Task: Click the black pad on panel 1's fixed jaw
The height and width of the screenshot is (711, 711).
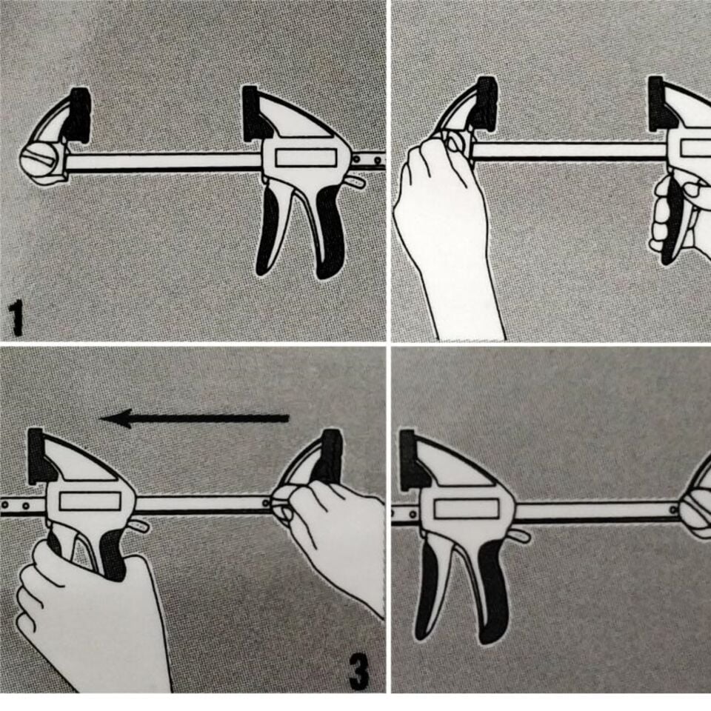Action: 79,116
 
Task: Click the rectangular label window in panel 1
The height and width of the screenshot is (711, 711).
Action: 304,158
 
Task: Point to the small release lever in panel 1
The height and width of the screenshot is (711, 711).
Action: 355,181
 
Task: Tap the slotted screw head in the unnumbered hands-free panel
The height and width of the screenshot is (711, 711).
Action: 700,510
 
